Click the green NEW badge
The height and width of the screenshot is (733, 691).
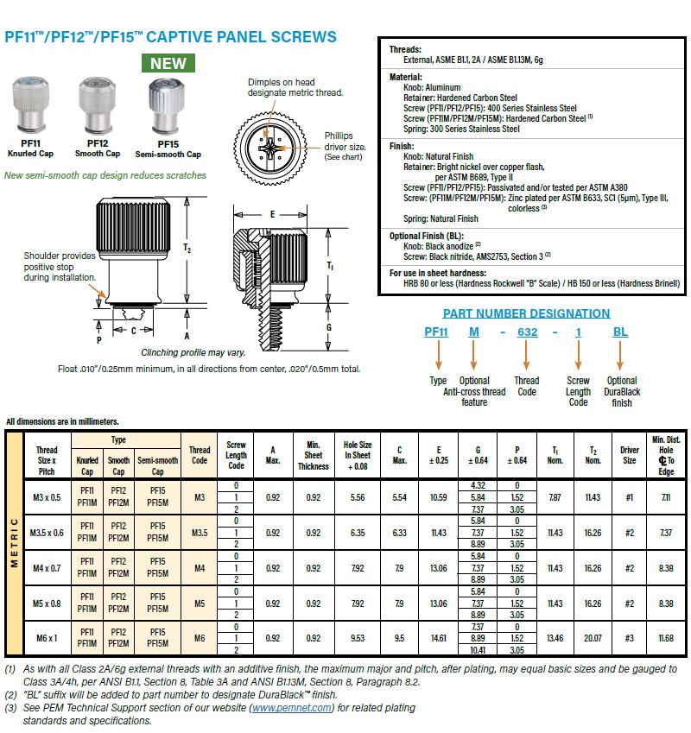click(168, 63)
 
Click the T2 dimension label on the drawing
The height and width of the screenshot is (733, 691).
click(187, 248)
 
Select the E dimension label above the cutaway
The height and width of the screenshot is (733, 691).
click(272, 213)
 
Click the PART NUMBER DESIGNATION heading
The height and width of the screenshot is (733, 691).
click(526, 313)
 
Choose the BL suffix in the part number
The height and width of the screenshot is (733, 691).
click(620, 332)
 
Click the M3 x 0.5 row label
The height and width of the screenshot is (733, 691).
click(47, 496)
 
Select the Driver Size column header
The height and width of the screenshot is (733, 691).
click(628, 454)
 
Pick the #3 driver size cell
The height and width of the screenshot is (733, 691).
click(628, 638)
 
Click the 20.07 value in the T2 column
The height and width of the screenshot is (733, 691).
click(593, 638)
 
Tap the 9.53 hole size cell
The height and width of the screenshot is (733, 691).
click(358, 638)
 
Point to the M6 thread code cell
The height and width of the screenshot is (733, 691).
click(200, 638)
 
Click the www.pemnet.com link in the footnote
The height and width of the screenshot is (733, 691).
click(291, 707)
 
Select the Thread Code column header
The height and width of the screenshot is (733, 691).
click(200, 454)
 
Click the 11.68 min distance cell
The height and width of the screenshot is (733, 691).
click(666, 638)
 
